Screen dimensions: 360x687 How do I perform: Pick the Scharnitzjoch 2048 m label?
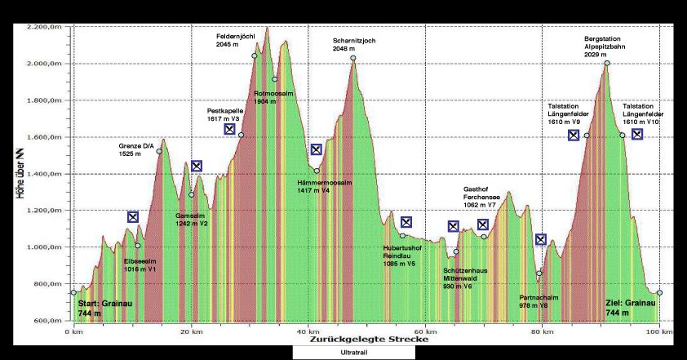353,44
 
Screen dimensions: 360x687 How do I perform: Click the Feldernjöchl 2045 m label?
237,40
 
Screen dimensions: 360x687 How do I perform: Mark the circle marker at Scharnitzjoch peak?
353,58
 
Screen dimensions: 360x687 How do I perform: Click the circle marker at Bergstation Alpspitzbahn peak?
607,63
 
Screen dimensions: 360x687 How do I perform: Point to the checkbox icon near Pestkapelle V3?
230,129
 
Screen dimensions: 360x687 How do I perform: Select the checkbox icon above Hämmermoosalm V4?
317,149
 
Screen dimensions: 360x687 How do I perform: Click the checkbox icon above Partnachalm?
540,239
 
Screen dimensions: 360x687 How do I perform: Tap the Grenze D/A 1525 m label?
136,150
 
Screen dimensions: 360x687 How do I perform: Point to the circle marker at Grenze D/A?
159,151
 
